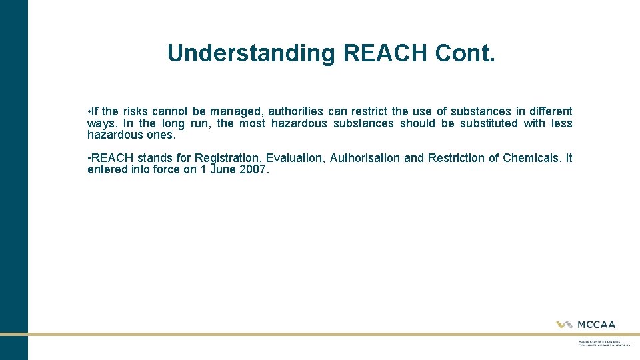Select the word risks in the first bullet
click(x=133, y=111)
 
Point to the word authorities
click(x=295, y=111)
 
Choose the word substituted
click(x=489, y=123)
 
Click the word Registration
click(x=227, y=158)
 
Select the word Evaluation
click(x=294, y=158)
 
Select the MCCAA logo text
click(x=596, y=325)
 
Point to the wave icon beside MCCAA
click(x=565, y=325)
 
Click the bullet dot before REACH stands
click(x=89, y=158)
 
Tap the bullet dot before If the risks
click(x=89, y=111)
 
